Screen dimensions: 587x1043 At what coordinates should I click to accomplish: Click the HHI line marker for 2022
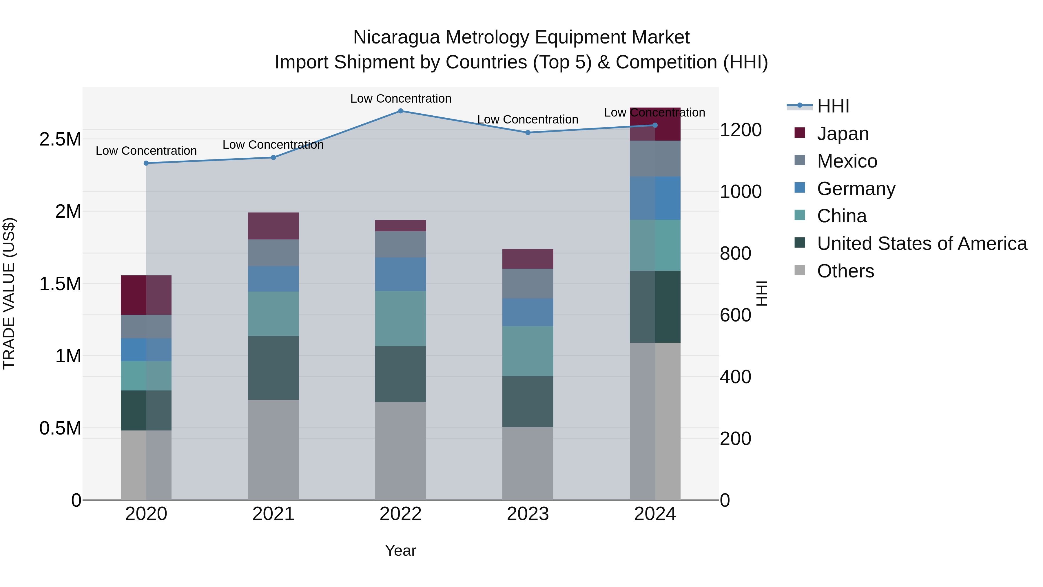pos(400,111)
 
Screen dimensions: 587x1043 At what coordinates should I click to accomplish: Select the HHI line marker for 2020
pos(146,163)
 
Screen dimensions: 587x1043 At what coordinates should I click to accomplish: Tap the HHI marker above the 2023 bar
pos(528,132)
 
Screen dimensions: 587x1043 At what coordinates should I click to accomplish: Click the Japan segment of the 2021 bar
pos(273,226)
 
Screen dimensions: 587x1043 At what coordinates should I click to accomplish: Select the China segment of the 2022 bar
pos(400,318)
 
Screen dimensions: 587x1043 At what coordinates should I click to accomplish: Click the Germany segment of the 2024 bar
pos(655,198)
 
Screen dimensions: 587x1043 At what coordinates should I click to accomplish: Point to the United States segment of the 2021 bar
pos(273,368)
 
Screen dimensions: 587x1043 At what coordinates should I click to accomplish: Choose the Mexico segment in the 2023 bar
pos(528,283)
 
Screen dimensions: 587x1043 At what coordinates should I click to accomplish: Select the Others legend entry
pos(845,271)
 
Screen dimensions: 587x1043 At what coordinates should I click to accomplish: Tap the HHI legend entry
pos(833,106)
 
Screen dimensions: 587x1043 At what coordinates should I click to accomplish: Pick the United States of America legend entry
pos(922,243)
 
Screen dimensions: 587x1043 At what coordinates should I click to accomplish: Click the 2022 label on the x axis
pos(400,514)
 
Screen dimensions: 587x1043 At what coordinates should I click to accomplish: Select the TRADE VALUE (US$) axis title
pos(9,293)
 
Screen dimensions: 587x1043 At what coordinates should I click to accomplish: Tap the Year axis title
pos(400,550)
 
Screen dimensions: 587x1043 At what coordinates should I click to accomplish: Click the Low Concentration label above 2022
pos(400,99)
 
